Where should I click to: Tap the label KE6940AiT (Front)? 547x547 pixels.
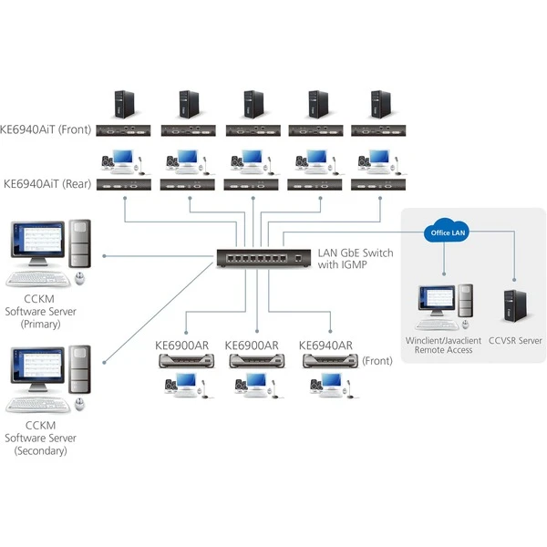[47, 129]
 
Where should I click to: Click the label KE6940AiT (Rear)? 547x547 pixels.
[46, 182]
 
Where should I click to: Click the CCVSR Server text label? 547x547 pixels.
[515, 340]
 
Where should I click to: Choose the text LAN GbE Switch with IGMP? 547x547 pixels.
[355, 259]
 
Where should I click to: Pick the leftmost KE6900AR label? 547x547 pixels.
[183, 346]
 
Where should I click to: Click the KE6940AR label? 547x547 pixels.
[325, 346]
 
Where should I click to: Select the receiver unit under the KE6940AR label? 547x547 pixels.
[323, 362]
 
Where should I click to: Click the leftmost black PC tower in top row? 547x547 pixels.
[122, 104]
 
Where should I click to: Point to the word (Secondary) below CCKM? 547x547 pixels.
[41, 450]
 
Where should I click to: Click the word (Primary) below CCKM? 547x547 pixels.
[41, 324]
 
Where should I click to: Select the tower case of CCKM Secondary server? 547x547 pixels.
[80, 374]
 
